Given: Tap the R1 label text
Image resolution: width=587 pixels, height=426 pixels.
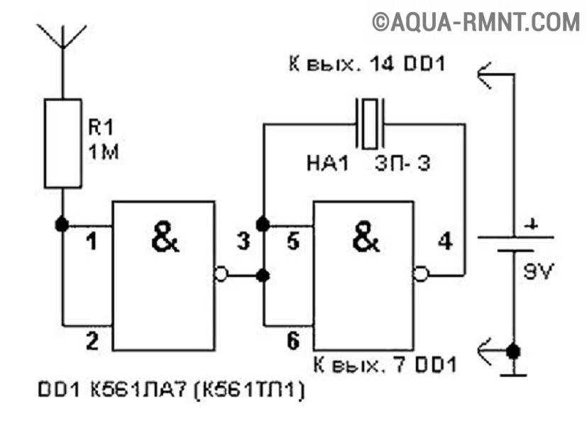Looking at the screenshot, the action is pos(100,127).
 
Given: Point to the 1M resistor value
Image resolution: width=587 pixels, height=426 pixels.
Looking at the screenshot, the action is pos(104,152).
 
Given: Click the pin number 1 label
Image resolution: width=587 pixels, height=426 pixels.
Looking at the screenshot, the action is pos(92,241).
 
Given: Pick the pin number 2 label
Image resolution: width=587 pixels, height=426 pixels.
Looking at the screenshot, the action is pos(92,341).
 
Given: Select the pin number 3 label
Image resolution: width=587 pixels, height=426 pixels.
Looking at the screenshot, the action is pos(243,241).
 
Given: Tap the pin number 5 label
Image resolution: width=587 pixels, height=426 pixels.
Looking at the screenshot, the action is pos(292,241).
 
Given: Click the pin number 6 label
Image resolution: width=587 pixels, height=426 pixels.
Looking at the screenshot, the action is pos(292,341).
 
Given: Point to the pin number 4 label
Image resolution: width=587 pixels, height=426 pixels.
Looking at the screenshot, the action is pos(445,241).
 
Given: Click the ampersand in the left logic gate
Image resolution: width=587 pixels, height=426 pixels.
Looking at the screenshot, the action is pos(165,236).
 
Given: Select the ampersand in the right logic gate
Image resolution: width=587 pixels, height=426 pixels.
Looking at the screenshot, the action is pos(366,236).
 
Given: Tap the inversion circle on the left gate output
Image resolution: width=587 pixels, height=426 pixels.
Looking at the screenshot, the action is pos(221,274).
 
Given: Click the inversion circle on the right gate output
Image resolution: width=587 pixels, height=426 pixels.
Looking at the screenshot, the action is pos(420,274).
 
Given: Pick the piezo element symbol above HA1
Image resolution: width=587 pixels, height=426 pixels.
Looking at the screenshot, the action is pos(371,124).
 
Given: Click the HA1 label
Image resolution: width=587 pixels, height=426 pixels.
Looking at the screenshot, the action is pos(327,164).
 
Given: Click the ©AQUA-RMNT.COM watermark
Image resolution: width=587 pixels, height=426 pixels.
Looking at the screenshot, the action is pos(476,22).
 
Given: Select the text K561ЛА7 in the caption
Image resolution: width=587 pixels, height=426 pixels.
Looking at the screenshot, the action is pos(138,390).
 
